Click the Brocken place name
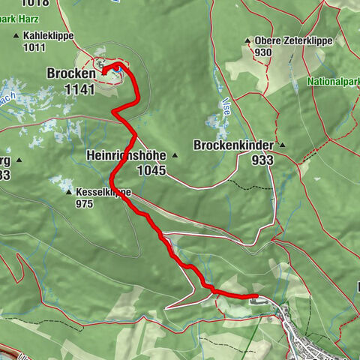point(71,75)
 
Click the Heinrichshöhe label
point(124,156)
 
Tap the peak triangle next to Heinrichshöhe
point(174,156)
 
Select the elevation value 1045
point(151,171)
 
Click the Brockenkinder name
point(234,145)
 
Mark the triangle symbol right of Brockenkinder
point(283,145)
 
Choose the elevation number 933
point(262,160)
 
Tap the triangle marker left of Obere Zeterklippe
point(247,40)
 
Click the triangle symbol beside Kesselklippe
point(69,192)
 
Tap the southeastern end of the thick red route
point(255,297)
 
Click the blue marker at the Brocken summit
point(118,68)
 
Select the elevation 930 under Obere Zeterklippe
point(262,52)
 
